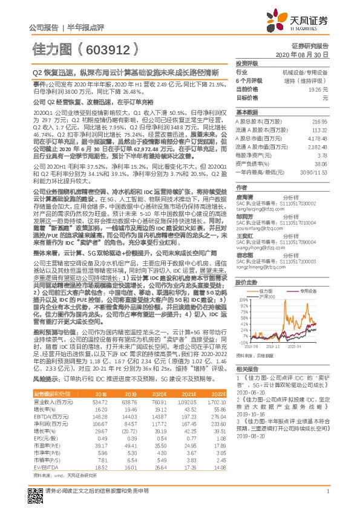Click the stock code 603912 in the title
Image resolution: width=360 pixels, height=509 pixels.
point(114,48)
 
